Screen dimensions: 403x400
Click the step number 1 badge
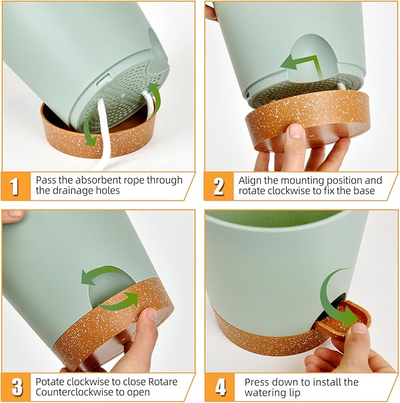coord(15,186)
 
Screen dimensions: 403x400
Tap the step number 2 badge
coord(219,186)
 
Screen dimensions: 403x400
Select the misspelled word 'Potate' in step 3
coord(49,382)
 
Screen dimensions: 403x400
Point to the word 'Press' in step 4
coord(257,382)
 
